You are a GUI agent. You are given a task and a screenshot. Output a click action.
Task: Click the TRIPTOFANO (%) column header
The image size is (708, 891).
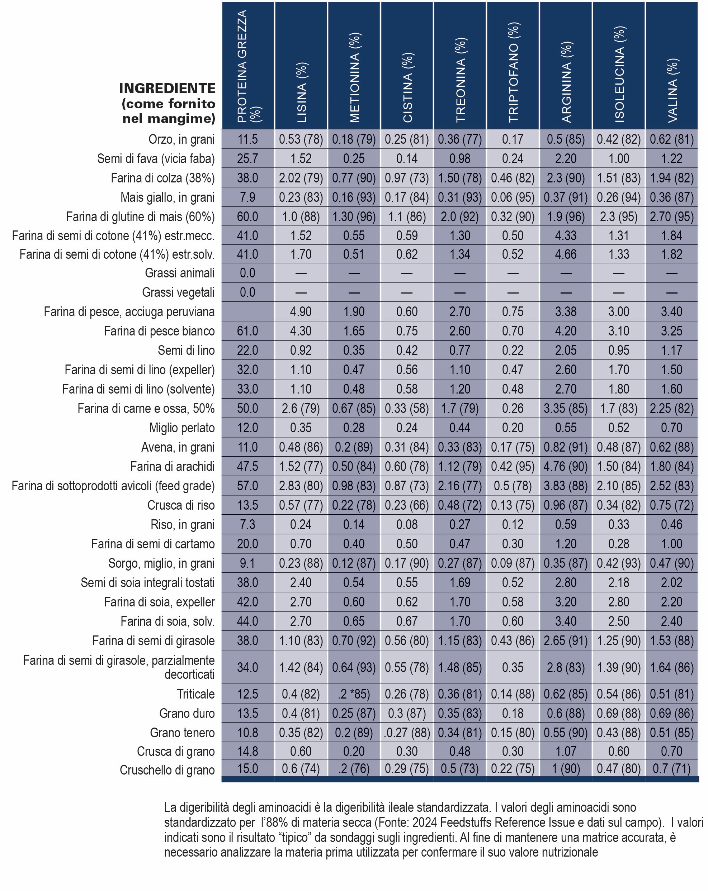pyautogui.click(x=513, y=72)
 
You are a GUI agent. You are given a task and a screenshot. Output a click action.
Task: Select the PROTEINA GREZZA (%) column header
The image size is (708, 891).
pyautogui.click(x=248, y=66)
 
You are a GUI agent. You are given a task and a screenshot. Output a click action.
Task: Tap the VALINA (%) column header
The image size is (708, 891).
pyautogui.click(x=672, y=90)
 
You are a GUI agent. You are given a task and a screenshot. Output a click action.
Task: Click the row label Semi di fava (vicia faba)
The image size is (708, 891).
pyautogui.click(x=156, y=159)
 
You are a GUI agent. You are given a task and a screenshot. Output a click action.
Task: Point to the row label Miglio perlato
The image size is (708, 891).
pyautogui.click(x=182, y=428)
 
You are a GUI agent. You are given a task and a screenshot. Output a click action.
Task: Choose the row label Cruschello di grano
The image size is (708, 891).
pyautogui.click(x=167, y=770)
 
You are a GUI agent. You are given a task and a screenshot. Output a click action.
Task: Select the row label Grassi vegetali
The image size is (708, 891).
pyautogui.click(x=178, y=292)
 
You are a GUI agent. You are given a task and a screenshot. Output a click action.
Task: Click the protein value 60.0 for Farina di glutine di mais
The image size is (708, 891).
pyautogui.click(x=247, y=216)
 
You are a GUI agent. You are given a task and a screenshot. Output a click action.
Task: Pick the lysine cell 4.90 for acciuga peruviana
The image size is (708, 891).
pyautogui.click(x=301, y=311)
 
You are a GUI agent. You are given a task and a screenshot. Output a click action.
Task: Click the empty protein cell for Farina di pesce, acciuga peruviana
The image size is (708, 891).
pyautogui.click(x=247, y=311)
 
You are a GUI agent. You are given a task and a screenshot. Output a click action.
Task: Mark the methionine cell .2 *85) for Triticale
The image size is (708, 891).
pyautogui.click(x=354, y=694)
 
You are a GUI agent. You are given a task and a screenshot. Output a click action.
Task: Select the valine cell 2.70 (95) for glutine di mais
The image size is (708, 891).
pyautogui.click(x=672, y=216)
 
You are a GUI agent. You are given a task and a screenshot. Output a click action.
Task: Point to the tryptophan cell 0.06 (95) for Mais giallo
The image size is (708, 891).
pyautogui.click(x=513, y=197)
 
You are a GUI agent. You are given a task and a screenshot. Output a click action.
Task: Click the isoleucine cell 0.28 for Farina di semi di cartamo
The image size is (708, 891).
pyautogui.click(x=619, y=544)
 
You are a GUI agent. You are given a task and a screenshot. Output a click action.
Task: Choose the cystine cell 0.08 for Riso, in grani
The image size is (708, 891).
pyautogui.click(x=407, y=524)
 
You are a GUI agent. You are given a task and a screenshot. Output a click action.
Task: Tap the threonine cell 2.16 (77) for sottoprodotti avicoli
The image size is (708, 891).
pyautogui.click(x=460, y=486)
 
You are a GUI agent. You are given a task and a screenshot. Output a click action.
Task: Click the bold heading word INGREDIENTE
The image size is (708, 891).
pyautogui.click(x=167, y=89)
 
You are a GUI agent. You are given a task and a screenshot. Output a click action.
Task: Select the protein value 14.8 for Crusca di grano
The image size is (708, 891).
pyautogui.click(x=247, y=751)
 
